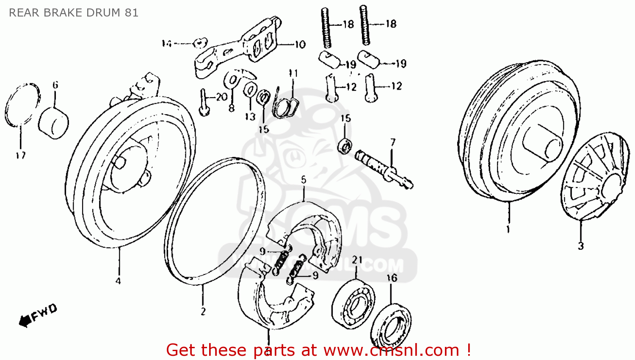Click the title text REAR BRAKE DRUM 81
click(74, 13)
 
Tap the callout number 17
click(21, 155)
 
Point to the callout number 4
click(118, 281)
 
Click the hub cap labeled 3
click(593, 178)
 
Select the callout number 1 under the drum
click(508, 230)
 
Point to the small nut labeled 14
click(199, 43)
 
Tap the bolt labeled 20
click(204, 103)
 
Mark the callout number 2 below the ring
click(203, 312)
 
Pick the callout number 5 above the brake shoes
click(304, 180)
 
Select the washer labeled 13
click(249, 91)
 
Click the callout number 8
click(232, 108)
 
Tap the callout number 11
click(293, 73)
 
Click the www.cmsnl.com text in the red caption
click(391, 350)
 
